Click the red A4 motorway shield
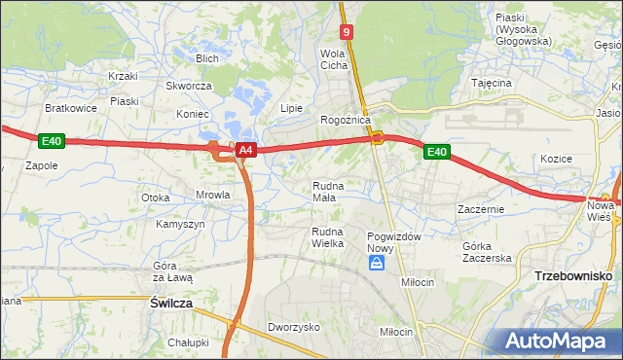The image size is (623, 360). click(246, 150)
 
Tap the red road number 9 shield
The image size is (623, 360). click(348, 32)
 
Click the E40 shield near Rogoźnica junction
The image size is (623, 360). click(436, 151)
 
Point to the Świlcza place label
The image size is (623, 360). click(171, 304)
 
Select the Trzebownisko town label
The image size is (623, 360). click(572, 276)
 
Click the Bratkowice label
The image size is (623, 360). click(71, 108)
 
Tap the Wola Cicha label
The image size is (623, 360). click(334, 59)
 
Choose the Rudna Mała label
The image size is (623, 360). click(324, 191)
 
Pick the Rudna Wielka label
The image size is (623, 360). click(328, 236)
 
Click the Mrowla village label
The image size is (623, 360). click(212, 195)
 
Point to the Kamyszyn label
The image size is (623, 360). click(180, 224)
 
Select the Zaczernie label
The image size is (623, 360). click(479, 209)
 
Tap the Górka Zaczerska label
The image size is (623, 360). click(487, 251)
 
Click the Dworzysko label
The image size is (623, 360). click(294, 328)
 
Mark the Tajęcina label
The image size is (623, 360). click(492, 84)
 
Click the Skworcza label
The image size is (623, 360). click(189, 86)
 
